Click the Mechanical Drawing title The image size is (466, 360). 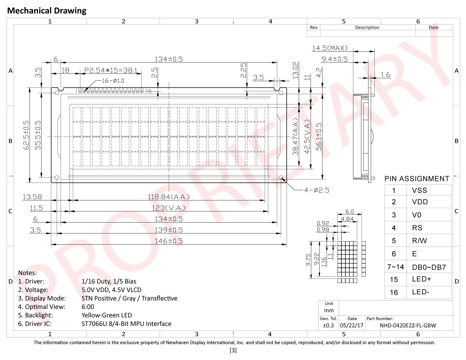point(47,11)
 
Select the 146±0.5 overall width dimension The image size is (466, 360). point(169,241)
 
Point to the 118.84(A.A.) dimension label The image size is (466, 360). point(169,197)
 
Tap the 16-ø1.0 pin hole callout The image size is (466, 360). point(113,81)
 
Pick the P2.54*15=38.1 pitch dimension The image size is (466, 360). point(111,71)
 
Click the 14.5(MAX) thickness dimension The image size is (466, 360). point(330,48)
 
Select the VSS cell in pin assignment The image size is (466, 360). point(419,190)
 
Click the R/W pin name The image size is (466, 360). point(419,241)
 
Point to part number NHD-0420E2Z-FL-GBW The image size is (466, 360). point(408,325)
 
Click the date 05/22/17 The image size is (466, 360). point(351,325)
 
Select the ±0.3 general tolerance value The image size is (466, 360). point(328,325)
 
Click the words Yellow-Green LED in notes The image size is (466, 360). point(107,315)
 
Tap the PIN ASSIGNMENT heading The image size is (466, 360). point(417,179)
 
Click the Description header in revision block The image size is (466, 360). point(367,28)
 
